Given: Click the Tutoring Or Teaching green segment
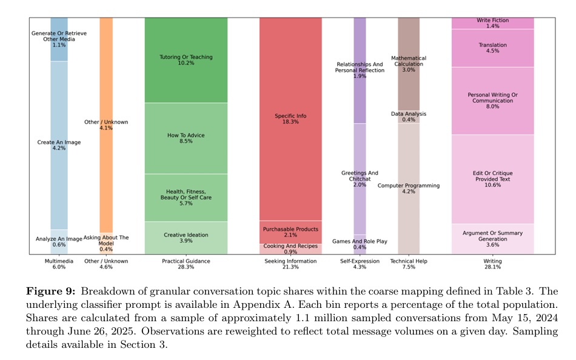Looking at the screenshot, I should [186, 60].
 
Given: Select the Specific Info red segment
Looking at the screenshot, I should [290, 118].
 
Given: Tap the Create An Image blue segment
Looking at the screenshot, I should [59, 145].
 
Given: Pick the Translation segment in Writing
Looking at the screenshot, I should [492, 48].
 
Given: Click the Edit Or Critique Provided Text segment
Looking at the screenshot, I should [492, 179].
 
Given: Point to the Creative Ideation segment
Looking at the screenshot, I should [186, 238].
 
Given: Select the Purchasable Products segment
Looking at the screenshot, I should [290, 232].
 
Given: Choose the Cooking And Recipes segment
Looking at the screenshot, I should [290, 248].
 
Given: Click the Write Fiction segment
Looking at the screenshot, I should [492, 23].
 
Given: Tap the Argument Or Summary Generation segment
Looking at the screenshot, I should [492, 238].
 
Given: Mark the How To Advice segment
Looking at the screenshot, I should [186, 138].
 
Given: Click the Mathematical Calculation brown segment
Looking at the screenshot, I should [408, 64].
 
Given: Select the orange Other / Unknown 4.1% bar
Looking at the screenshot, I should [106, 125].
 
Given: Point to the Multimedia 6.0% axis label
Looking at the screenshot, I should [59, 264].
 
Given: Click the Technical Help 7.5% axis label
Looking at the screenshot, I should [408, 264].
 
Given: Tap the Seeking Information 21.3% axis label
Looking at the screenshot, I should [290, 264].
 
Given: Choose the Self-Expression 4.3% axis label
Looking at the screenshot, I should [360, 264].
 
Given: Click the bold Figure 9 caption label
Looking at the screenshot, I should [50, 291].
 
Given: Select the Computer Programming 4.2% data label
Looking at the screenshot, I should [408, 188].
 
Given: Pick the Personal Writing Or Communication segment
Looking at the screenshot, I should [492, 101].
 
